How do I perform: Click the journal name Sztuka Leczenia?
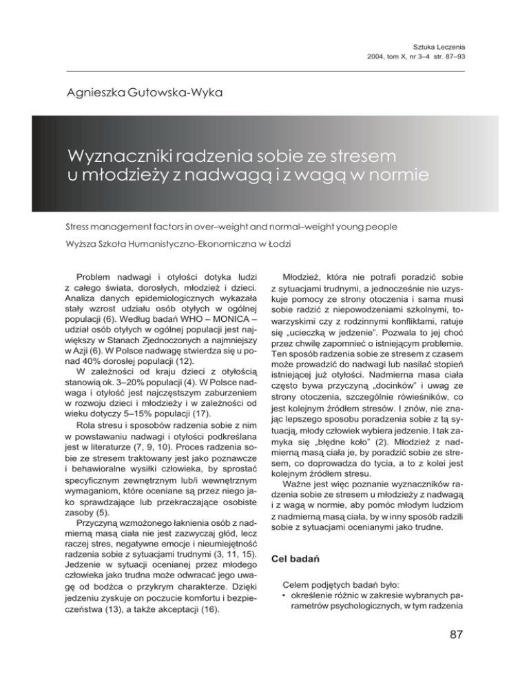pos(436,44)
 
